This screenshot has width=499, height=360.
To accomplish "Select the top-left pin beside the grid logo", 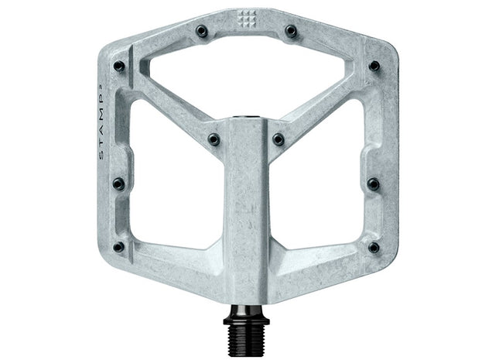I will tap(201, 32).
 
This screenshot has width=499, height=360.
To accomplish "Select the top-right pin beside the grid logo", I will tap(291, 32).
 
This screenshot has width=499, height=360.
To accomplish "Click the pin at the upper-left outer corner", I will tap(119, 67).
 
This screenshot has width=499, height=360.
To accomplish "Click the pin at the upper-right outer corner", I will tap(374, 67).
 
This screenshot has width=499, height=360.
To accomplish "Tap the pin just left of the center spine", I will tap(214, 139).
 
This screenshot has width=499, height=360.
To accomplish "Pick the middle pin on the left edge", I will tap(118, 184).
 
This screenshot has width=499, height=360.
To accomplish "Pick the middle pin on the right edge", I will tap(373, 184).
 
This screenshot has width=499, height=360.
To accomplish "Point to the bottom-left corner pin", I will tap(118, 247).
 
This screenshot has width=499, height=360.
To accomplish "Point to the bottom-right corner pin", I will tap(373, 247).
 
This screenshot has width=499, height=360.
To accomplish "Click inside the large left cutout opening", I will tap(170, 186).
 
